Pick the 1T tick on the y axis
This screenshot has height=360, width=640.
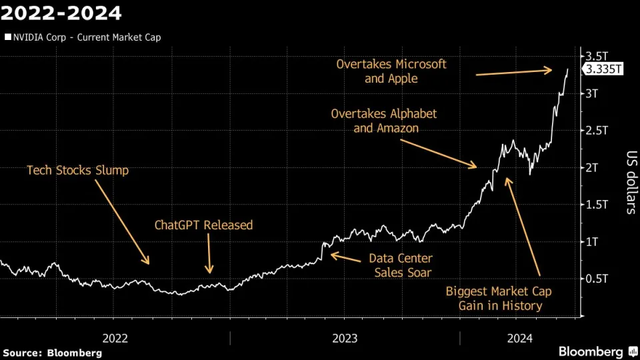click(592, 241)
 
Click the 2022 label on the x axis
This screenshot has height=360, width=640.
click(115, 338)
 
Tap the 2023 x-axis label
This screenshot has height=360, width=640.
click(345, 338)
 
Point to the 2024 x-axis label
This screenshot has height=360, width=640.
click(519, 338)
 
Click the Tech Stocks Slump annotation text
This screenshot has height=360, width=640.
click(77, 170)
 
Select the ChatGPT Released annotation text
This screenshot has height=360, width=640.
click(203, 225)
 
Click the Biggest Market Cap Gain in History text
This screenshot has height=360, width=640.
click(499, 298)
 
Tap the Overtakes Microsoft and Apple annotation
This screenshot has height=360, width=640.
click(391, 71)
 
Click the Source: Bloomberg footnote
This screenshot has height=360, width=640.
click(53, 352)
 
